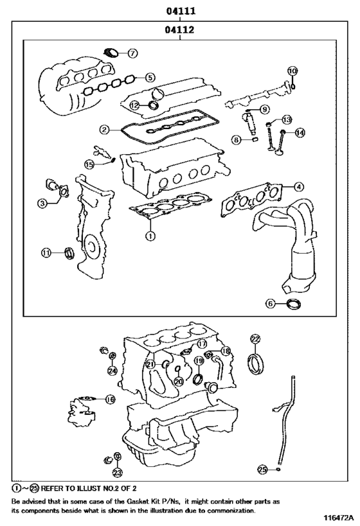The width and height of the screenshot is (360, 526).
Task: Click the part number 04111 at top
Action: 181,11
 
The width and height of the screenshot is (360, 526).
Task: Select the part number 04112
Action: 181,30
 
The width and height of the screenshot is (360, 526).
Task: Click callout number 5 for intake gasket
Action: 150,78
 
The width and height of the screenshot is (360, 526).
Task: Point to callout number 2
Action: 104,129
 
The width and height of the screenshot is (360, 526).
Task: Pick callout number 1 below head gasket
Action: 150,236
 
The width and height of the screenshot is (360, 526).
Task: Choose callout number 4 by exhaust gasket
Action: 298,187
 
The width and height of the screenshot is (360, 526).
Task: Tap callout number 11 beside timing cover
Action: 46,253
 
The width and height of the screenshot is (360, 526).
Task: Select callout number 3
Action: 42,204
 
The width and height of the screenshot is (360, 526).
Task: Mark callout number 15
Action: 90,164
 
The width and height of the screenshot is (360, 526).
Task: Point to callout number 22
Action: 255,338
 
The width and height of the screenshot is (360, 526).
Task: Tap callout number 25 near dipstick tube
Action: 262,470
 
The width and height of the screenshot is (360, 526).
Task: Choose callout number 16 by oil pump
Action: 110,399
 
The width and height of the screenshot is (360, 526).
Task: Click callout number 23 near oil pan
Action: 117,473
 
